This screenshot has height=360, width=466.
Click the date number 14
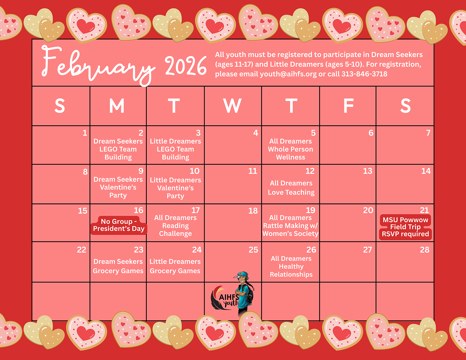tap(426, 171)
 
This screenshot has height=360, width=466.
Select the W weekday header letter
tap(232, 106)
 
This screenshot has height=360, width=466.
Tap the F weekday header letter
tap(349, 106)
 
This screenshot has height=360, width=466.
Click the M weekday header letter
tap(117, 106)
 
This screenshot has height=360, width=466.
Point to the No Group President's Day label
tap(119, 225)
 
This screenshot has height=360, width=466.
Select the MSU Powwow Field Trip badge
tap(405, 227)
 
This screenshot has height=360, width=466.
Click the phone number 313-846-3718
tap(364, 74)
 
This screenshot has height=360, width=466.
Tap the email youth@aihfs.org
tap(288, 74)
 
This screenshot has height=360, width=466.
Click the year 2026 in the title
tap(186, 66)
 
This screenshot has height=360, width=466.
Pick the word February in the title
tap(98, 65)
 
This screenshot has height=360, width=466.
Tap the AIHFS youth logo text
tap(229, 300)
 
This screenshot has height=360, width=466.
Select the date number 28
tap(425, 250)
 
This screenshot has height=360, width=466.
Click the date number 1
tap(85, 133)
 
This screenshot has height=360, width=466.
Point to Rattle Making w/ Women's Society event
tap(290, 229)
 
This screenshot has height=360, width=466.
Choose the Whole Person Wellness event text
tap(290, 153)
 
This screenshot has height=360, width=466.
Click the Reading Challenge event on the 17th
tap(175, 229)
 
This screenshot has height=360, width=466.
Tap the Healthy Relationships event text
tap(291, 271)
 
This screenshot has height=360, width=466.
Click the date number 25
tap(253, 250)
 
